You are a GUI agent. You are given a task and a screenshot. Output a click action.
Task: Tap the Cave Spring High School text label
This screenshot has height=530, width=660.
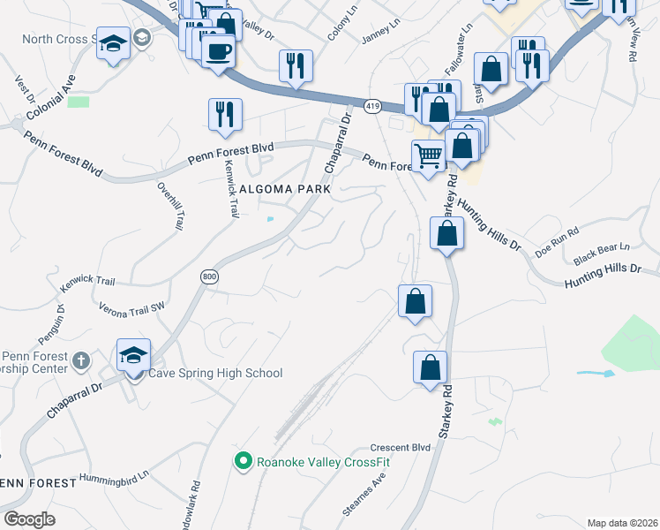coord(215,373)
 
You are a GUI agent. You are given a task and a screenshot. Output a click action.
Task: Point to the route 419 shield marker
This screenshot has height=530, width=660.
coord(371,104)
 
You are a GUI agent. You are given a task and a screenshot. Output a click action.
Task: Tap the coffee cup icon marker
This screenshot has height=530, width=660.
coord(218,50)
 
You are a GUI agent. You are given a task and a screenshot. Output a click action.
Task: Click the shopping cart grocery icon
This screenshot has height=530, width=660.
coord(428,156)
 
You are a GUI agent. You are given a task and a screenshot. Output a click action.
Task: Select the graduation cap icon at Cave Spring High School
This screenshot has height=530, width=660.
coord(133,356)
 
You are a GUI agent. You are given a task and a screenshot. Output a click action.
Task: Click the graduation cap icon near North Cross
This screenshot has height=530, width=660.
coord(113,44)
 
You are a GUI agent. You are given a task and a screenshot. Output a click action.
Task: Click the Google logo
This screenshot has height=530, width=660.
coord(30,519)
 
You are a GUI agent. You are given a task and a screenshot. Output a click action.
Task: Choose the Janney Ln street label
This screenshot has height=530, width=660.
coord(381,40)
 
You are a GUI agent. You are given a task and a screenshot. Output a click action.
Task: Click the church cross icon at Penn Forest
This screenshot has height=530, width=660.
coord(80,360)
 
